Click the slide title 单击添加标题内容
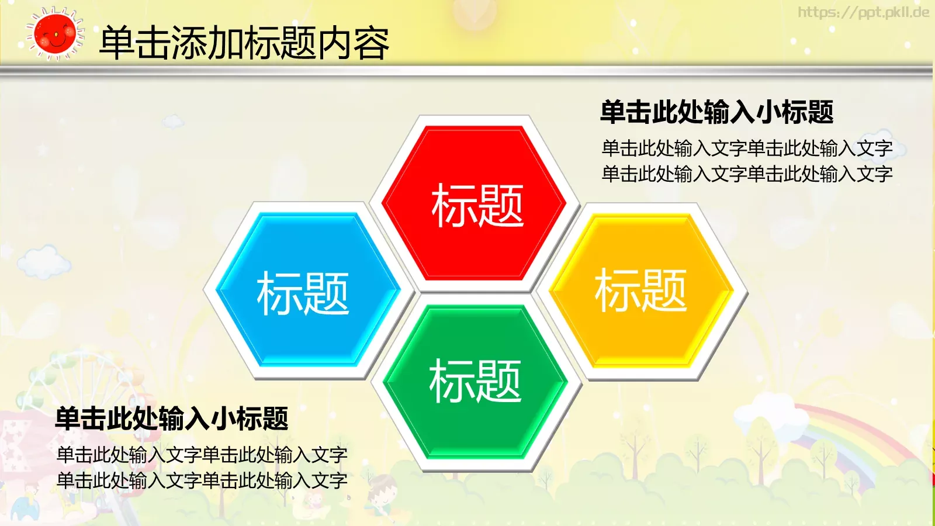[x=244, y=43]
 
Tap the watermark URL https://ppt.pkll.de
[x=863, y=12]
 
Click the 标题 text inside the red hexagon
[x=477, y=205]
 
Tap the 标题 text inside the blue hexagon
[x=303, y=293]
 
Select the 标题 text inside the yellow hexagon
[x=640, y=290]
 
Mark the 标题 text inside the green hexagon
[x=475, y=381]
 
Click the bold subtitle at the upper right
[x=716, y=112]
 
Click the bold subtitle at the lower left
[x=172, y=419]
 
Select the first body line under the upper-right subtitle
[x=747, y=148]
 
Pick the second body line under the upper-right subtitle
[x=747, y=174]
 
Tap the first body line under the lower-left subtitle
[x=202, y=455]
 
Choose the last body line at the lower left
[x=202, y=481]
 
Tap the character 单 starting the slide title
[x=117, y=43]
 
